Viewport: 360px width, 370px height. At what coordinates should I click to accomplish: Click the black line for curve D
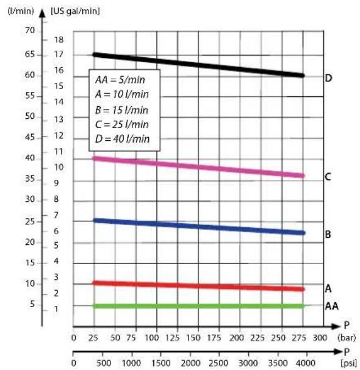[x=198, y=65]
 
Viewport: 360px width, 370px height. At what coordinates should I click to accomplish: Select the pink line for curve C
[x=198, y=167]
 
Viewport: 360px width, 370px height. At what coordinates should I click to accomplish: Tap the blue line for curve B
[x=198, y=227]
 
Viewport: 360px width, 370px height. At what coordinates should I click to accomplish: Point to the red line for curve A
[x=198, y=286]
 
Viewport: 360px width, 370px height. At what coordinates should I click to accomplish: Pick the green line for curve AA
[x=198, y=306]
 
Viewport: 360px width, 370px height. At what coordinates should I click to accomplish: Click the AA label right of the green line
[x=332, y=306]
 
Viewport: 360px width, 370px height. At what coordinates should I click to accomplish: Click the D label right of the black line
[x=329, y=78]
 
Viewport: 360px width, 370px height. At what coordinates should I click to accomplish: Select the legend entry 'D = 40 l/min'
[x=123, y=139]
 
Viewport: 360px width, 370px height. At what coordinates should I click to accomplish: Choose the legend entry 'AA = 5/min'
[x=120, y=80]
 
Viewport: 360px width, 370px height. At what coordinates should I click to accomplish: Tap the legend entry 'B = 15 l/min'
[x=121, y=110]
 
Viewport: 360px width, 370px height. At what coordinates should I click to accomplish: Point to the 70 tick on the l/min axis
[x=30, y=30]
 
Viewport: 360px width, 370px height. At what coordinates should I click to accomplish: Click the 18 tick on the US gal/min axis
[x=59, y=40]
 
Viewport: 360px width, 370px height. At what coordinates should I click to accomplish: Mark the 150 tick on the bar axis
[x=193, y=338]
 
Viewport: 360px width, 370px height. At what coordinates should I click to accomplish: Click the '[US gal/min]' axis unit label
[x=75, y=11]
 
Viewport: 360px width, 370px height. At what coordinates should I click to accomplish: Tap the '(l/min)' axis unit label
[x=21, y=11]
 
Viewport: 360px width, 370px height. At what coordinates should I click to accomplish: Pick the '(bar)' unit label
[x=347, y=338]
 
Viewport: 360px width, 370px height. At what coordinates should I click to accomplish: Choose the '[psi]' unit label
[x=349, y=363]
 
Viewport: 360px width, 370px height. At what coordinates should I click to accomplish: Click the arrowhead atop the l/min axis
[x=42, y=13]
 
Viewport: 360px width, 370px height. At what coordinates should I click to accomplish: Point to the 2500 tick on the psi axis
[x=218, y=363]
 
